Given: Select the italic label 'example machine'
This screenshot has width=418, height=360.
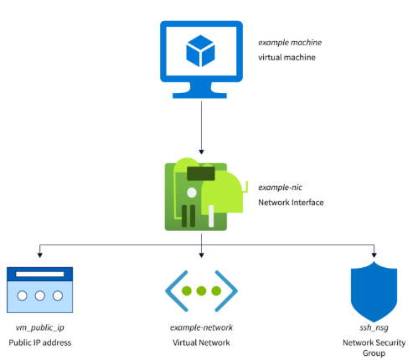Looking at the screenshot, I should pos(291,42).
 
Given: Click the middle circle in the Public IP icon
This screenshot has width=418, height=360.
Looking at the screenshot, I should pos(39,296).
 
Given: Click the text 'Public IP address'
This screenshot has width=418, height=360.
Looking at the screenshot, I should pos(39,343).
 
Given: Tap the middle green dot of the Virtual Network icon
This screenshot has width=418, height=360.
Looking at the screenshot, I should pos(201,291).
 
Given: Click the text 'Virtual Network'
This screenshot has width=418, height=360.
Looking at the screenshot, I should pos(201,343).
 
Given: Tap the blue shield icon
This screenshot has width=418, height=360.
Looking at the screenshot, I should pos(370,289).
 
